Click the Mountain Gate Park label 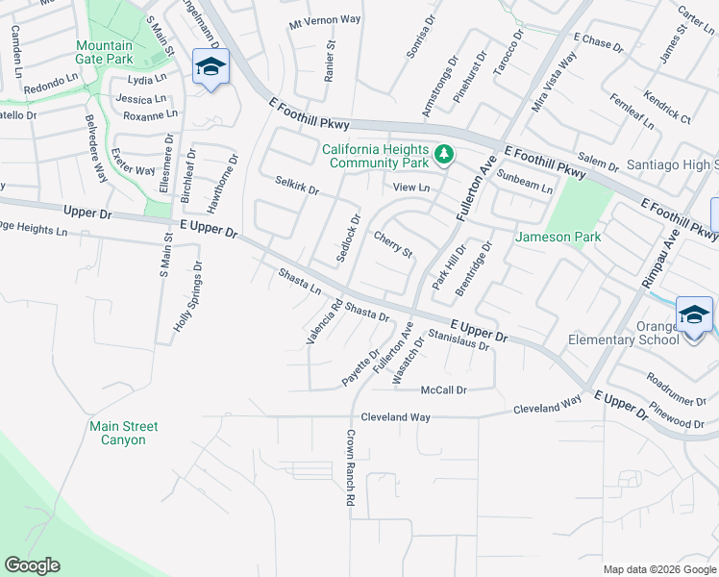(x=105, y=52)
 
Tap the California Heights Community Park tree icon (x=444, y=153)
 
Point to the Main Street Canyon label (x=123, y=433)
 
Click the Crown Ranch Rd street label (x=350, y=468)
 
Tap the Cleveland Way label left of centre (x=395, y=417)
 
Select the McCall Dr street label (x=443, y=389)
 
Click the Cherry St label (x=392, y=244)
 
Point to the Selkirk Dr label (x=296, y=184)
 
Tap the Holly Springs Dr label (x=188, y=297)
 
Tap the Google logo (x=32, y=565)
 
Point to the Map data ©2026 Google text (x=659, y=569)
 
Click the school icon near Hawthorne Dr (x=211, y=67)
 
